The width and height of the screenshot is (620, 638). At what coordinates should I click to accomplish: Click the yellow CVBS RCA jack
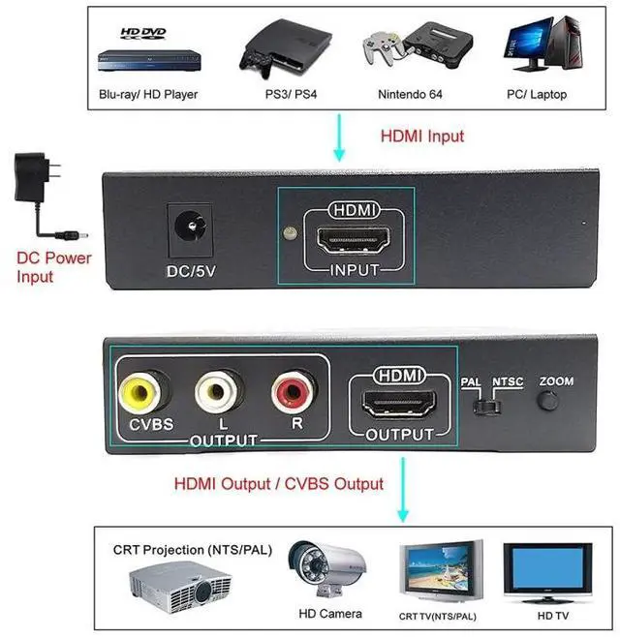click(x=140, y=391)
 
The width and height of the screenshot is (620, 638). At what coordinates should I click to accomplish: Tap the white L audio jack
click(x=213, y=391)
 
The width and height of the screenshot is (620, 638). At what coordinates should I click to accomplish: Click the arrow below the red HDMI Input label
click(x=339, y=140)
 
